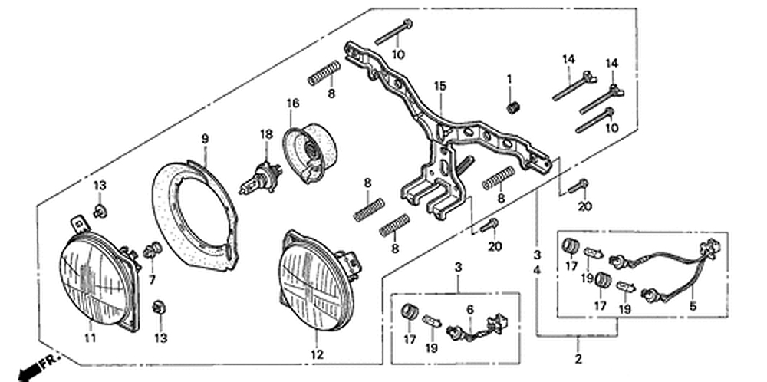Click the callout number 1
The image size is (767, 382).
coord(509,79)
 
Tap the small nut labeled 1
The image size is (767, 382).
coord(512,107)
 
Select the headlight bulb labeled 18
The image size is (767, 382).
coord(261,178)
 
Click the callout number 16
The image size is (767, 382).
coord(293,104)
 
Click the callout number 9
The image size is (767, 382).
coord(205,139)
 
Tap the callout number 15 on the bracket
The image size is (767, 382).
coord(440,86)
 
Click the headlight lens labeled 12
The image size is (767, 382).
coord(316,280)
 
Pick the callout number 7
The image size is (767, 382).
coord(152,280)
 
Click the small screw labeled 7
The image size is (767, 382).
coord(152,249)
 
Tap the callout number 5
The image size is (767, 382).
coord(693,307)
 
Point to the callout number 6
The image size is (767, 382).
coord(470,309)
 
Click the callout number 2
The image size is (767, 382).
coord(578,360)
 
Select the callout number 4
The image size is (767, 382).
coord(537,270)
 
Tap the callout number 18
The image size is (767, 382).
coord(266,134)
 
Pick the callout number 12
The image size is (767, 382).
coord(317,354)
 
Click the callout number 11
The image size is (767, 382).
coord(90,338)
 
